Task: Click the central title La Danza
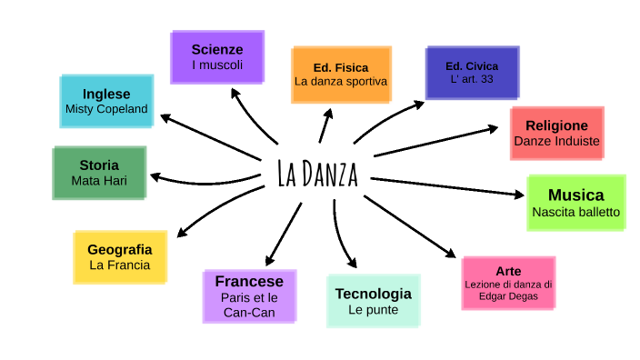click(317, 174)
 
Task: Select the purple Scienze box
click(217, 56)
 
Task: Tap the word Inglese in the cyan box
click(106, 94)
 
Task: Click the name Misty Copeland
click(106, 109)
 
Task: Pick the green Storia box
click(99, 173)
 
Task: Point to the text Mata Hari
click(99, 180)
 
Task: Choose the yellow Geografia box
click(119, 256)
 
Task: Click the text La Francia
click(119, 265)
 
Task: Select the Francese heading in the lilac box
click(249, 281)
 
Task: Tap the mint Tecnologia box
click(373, 301)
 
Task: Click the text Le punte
click(373, 309)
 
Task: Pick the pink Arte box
click(508, 283)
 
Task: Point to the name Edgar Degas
click(508, 296)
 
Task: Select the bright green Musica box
click(575, 203)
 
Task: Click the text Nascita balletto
click(575, 212)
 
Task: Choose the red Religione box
click(556, 133)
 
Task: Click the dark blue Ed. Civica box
click(472, 73)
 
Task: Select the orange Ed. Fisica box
click(341, 74)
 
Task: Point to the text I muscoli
click(217, 65)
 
